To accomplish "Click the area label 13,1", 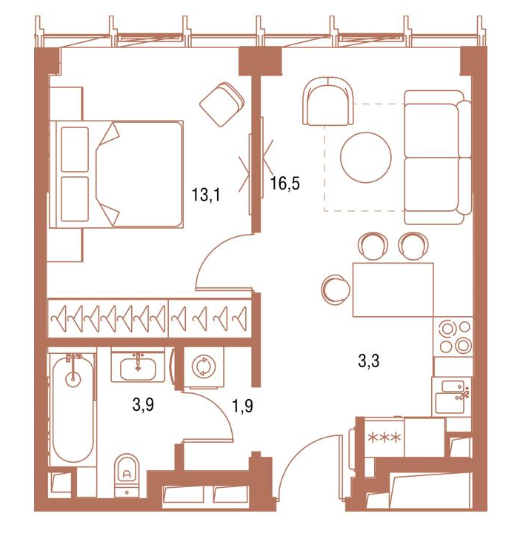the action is click(x=206, y=195).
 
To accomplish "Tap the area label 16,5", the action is click(x=285, y=183).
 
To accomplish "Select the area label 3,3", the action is click(x=369, y=361).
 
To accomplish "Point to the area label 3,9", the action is click(x=143, y=405).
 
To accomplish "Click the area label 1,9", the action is click(x=242, y=406).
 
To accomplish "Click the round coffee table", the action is click(x=366, y=157).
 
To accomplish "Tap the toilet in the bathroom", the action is click(x=127, y=475).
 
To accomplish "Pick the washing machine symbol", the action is click(x=203, y=366).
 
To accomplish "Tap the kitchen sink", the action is click(x=451, y=397).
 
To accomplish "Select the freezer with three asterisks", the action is click(x=384, y=438).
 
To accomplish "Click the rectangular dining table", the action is click(x=393, y=290).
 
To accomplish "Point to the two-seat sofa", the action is click(x=438, y=157).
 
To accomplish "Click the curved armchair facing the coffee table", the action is click(x=327, y=101).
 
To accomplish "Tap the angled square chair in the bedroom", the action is click(x=221, y=104).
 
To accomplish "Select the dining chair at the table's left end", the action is click(x=336, y=290).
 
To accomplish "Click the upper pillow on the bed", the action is click(x=75, y=149).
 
